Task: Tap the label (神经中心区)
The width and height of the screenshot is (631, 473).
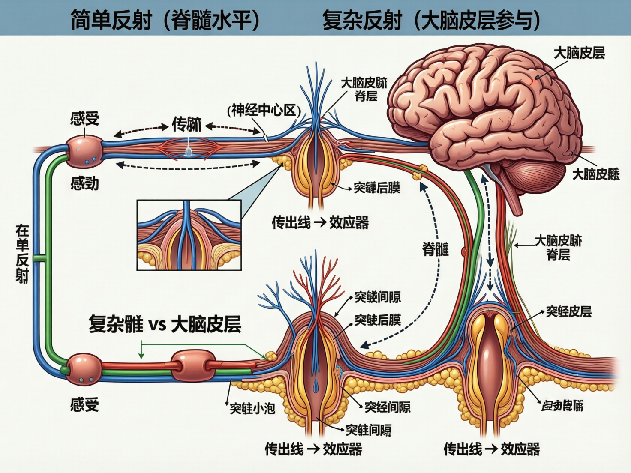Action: [x=264, y=110]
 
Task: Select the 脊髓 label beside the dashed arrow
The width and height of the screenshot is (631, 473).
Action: [x=435, y=249]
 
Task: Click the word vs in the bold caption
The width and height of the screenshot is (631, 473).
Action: [x=157, y=324]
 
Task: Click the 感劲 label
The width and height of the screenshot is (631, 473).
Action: [x=84, y=184]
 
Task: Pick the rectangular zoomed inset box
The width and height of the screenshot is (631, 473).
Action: [x=189, y=235]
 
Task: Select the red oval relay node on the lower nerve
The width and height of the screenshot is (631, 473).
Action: [x=192, y=365]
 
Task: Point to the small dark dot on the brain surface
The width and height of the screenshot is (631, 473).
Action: [x=537, y=78]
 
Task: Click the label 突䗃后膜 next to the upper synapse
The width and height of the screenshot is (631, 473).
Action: [x=376, y=188]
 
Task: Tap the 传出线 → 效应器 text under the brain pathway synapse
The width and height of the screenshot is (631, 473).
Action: [x=491, y=449]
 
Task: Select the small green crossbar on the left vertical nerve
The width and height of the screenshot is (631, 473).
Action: [x=40, y=258]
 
